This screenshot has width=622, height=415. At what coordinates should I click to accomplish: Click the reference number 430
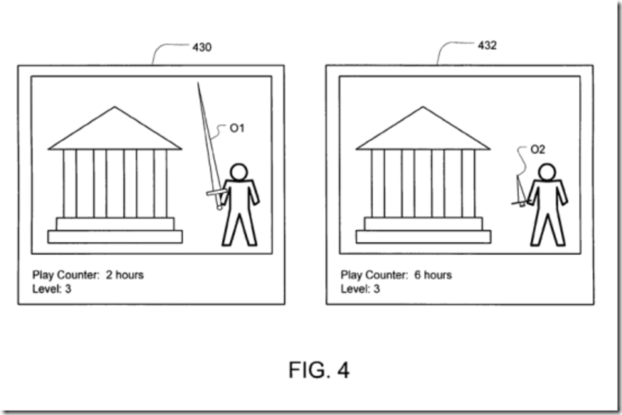pos(202,48)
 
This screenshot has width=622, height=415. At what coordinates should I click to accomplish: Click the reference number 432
pos(487,46)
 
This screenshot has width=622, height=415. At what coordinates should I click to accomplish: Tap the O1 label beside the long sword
pos(237,129)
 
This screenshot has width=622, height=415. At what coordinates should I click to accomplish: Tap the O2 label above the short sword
pos(537,149)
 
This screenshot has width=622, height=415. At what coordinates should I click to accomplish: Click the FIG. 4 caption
pos(319,370)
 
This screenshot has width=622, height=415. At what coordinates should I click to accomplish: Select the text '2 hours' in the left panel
pos(125,275)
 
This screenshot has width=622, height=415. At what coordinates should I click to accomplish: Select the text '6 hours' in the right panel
pos(432,275)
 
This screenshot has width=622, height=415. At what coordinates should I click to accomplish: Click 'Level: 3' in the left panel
pos(52,289)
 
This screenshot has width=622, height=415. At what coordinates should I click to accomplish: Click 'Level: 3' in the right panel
pos(360,289)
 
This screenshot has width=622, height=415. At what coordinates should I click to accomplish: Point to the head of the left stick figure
pos(239,172)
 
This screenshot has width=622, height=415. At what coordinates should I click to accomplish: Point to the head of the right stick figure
pos(547,172)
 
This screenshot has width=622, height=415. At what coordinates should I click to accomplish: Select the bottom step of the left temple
pos(115,236)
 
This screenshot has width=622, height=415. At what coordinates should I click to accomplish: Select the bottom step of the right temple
pos(423,236)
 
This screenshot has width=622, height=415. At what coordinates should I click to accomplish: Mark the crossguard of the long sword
pos(216,192)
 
